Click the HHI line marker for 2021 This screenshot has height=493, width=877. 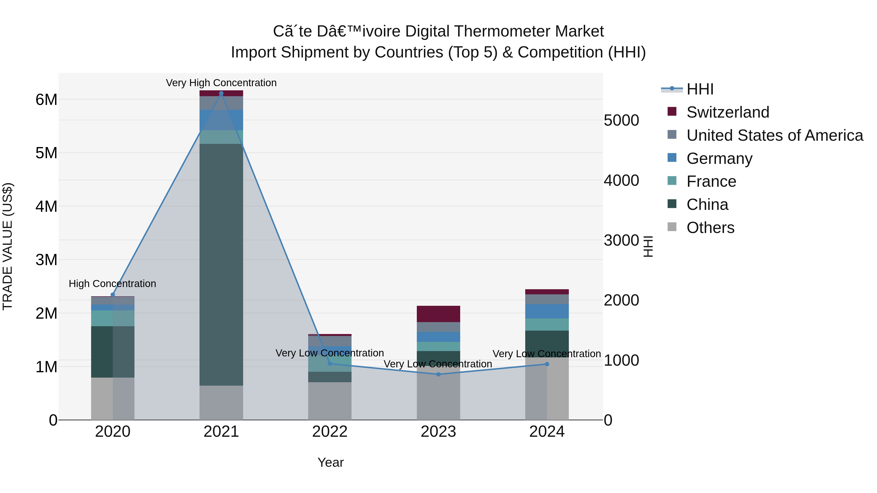221,93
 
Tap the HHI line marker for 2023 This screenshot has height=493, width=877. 438,374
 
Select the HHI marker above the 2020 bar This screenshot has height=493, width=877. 113,295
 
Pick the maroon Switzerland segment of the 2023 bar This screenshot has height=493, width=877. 438,314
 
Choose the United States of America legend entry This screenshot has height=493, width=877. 774,135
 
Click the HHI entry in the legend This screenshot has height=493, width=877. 700,89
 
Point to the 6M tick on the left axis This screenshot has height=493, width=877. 46,100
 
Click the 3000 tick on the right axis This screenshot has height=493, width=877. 621,241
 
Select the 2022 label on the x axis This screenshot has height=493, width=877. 330,432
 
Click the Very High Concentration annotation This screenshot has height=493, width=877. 221,83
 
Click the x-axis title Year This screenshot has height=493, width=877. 330,462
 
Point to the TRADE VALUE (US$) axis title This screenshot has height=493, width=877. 8,246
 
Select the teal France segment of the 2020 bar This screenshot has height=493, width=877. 113,318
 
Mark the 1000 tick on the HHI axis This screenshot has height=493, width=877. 621,360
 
